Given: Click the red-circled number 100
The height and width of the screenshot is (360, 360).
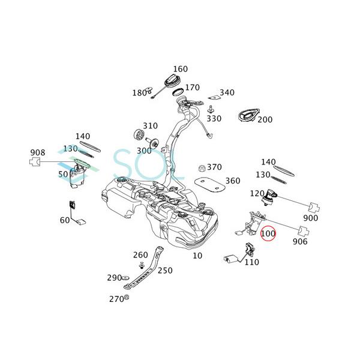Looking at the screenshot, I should click(x=268, y=232).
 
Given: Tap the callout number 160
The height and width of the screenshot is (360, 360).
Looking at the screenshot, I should click(x=180, y=69).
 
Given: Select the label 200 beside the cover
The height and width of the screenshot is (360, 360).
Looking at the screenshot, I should click(x=265, y=119).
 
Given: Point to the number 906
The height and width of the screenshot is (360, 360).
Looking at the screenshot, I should click(x=299, y=242).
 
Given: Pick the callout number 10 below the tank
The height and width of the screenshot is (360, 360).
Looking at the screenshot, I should click(x=197, y=255).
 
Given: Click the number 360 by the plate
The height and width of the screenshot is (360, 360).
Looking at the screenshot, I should click(x=232, y=181).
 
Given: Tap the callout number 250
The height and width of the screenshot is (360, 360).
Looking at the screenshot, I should click(x=164, y=271).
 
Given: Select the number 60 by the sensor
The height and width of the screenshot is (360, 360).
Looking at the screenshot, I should click(x=64, y=220).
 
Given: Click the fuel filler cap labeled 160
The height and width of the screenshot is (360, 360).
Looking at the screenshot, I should click(x=170, y=80).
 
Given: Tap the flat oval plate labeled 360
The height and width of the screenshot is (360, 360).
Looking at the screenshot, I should click(x=208, y=184).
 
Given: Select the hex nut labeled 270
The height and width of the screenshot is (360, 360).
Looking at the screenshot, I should click(x=127, y=298).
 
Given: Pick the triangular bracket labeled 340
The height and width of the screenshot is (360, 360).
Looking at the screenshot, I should click(x=212, y=96).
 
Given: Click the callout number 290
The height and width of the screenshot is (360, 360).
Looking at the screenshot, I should click(x=114, y=278).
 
